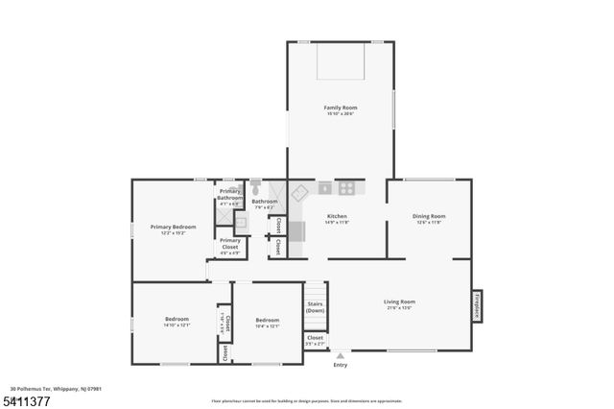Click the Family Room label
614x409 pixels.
[340, 108]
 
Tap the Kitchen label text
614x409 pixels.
[337, 216]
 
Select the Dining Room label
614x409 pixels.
[429, 216]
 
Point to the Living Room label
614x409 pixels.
[399, 301]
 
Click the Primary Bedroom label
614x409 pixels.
[173, 227]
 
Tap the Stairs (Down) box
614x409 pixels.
[316, 307]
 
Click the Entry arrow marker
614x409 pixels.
[340, 356]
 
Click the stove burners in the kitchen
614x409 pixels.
[346, 188]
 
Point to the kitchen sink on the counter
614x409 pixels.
[324, 188]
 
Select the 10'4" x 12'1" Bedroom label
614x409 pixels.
[267, 323]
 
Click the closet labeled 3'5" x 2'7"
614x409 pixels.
[315, 340]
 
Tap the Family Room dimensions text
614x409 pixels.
[340, 114]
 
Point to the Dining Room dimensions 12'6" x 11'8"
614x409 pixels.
[429, 223]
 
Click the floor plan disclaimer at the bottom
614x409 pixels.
[307, 400]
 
